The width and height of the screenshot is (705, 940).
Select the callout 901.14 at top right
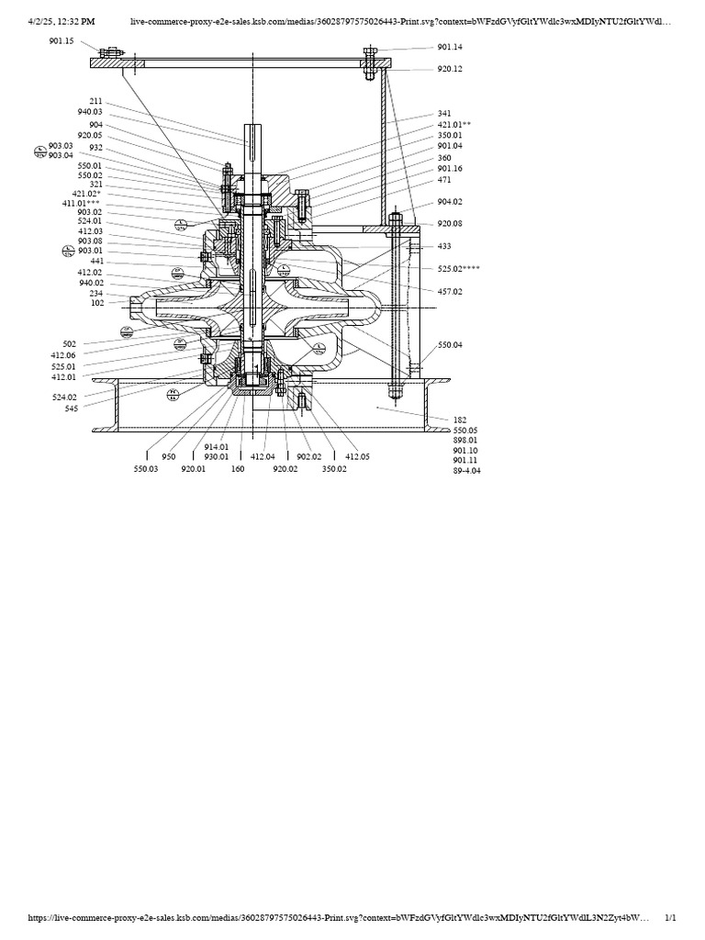click(450, 47)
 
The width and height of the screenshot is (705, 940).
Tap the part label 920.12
click(450, 69)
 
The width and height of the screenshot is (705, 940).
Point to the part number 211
click(96, 101)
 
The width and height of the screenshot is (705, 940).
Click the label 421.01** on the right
click(454, 124)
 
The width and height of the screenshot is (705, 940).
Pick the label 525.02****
click(459, 269)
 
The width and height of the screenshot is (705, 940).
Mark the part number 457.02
click(450, 291)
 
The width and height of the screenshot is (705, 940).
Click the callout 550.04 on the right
click(450, 344)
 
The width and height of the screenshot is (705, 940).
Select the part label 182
click(460, 420)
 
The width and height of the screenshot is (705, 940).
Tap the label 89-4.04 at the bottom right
click(466, 470)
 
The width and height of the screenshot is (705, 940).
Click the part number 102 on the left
click(96, 303)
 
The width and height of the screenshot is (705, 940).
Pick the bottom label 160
click(238, 467)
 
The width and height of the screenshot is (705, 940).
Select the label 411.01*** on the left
click(81, 203)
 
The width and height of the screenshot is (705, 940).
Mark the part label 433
click(443, 246)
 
